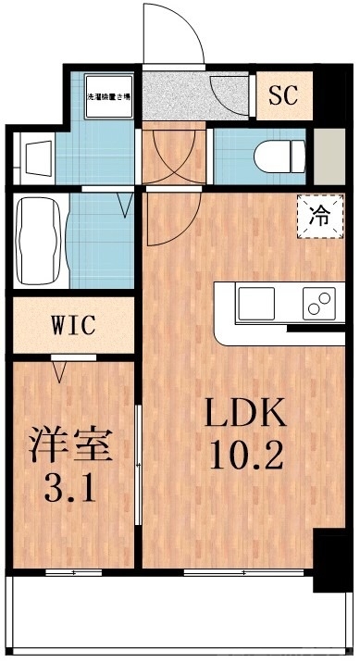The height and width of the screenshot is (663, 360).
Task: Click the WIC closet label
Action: [72, 326]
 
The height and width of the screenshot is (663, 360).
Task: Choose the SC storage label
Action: [282, 94]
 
